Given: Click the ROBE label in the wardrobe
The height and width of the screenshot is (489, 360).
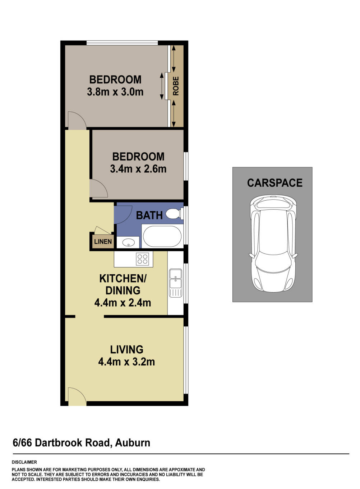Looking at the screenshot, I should pyautogui.click(x=176, y=86).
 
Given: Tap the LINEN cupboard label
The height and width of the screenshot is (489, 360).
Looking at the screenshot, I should pyautogui.click(x=103, y=242).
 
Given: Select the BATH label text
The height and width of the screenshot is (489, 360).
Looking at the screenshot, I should pyautogui.click(x=149, y=215).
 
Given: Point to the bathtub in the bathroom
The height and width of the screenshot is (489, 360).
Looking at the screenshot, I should pyautogui.click(x=162, y=236).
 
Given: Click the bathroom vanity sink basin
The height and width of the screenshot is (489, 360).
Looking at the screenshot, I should pyautogui.click(x=128, y=243).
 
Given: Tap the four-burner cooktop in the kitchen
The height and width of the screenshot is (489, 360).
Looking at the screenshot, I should pyautogui.click(x=143, y=259).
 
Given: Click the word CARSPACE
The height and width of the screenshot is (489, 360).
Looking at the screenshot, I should pyautogui.click(x=274, y=183).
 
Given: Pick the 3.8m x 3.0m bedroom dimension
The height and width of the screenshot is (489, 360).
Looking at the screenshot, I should pyautogui.click(x=115, y=92).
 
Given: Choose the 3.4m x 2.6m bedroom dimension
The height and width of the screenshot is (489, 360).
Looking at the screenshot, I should pyautogui.click(x=138, y=169).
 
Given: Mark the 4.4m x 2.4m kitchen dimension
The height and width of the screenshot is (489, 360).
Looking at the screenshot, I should pyautogui.click(x=123, y=303).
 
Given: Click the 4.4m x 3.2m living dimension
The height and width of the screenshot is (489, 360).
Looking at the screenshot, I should pyautogui.click(x=126, y=362).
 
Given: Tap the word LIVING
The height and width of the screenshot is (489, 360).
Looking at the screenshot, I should pyautogui.click(x=126, y=349).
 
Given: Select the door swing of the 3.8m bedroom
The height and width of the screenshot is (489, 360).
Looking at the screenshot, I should pyautogui.click(x=77, y=120).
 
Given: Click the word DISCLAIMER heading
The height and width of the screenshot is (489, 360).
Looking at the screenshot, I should pyautogui.click(x=24, y=462).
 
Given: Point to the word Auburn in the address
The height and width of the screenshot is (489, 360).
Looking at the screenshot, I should pyautogui.click(x=133, y=443).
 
